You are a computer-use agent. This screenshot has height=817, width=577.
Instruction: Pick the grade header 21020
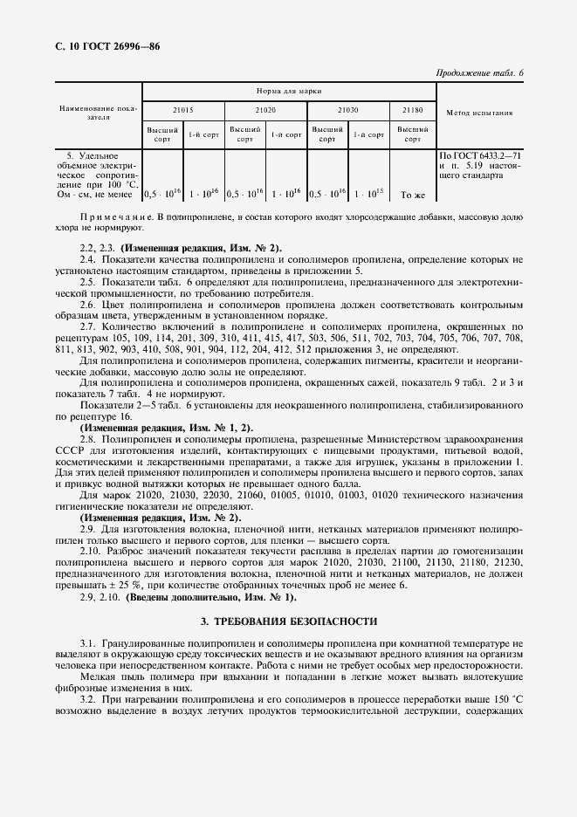[265, 111]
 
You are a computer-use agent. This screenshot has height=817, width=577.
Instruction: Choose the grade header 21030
[347, 111]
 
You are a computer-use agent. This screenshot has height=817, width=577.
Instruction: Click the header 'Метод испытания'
[479, 113]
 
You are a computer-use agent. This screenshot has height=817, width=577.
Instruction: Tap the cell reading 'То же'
[412, 195]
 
